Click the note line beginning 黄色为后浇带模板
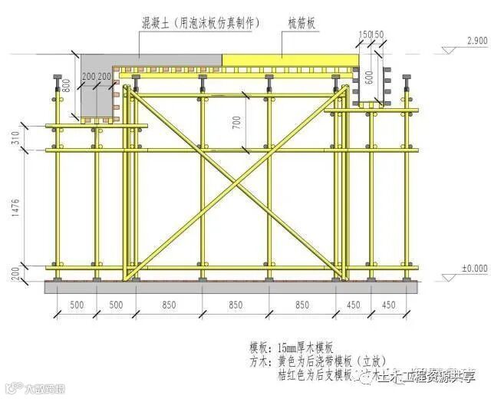[x=330, y=361]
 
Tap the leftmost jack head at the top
[x=57, y=79]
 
